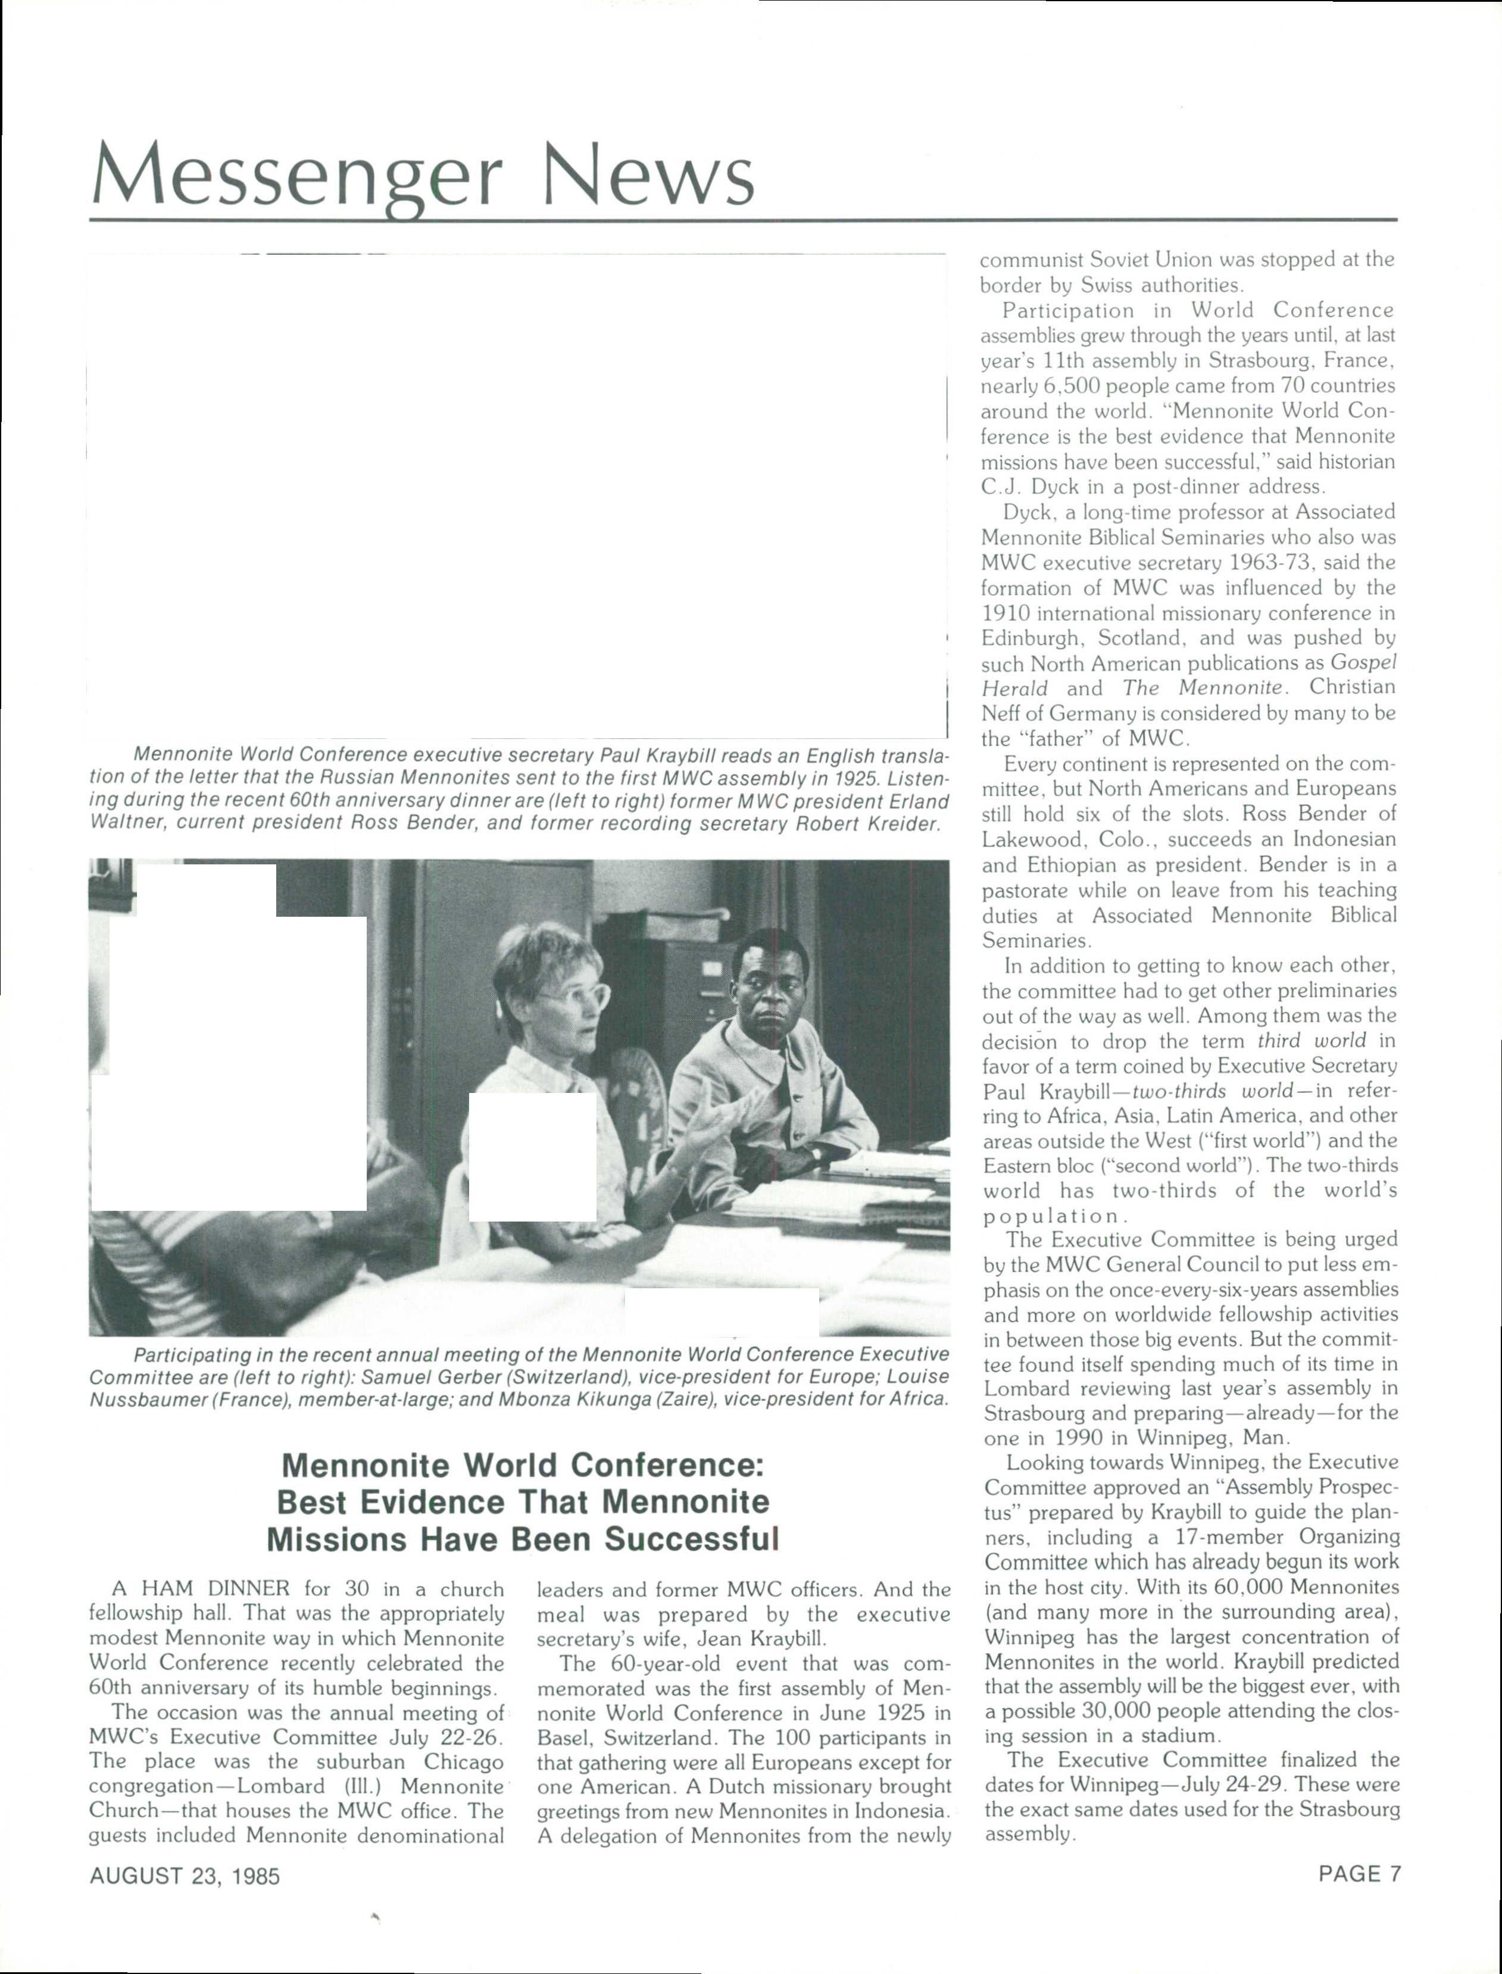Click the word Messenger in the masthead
(295, 175)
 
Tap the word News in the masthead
(648, 175)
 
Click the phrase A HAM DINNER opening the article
(201, 1589)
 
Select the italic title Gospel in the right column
(1363, 663)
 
